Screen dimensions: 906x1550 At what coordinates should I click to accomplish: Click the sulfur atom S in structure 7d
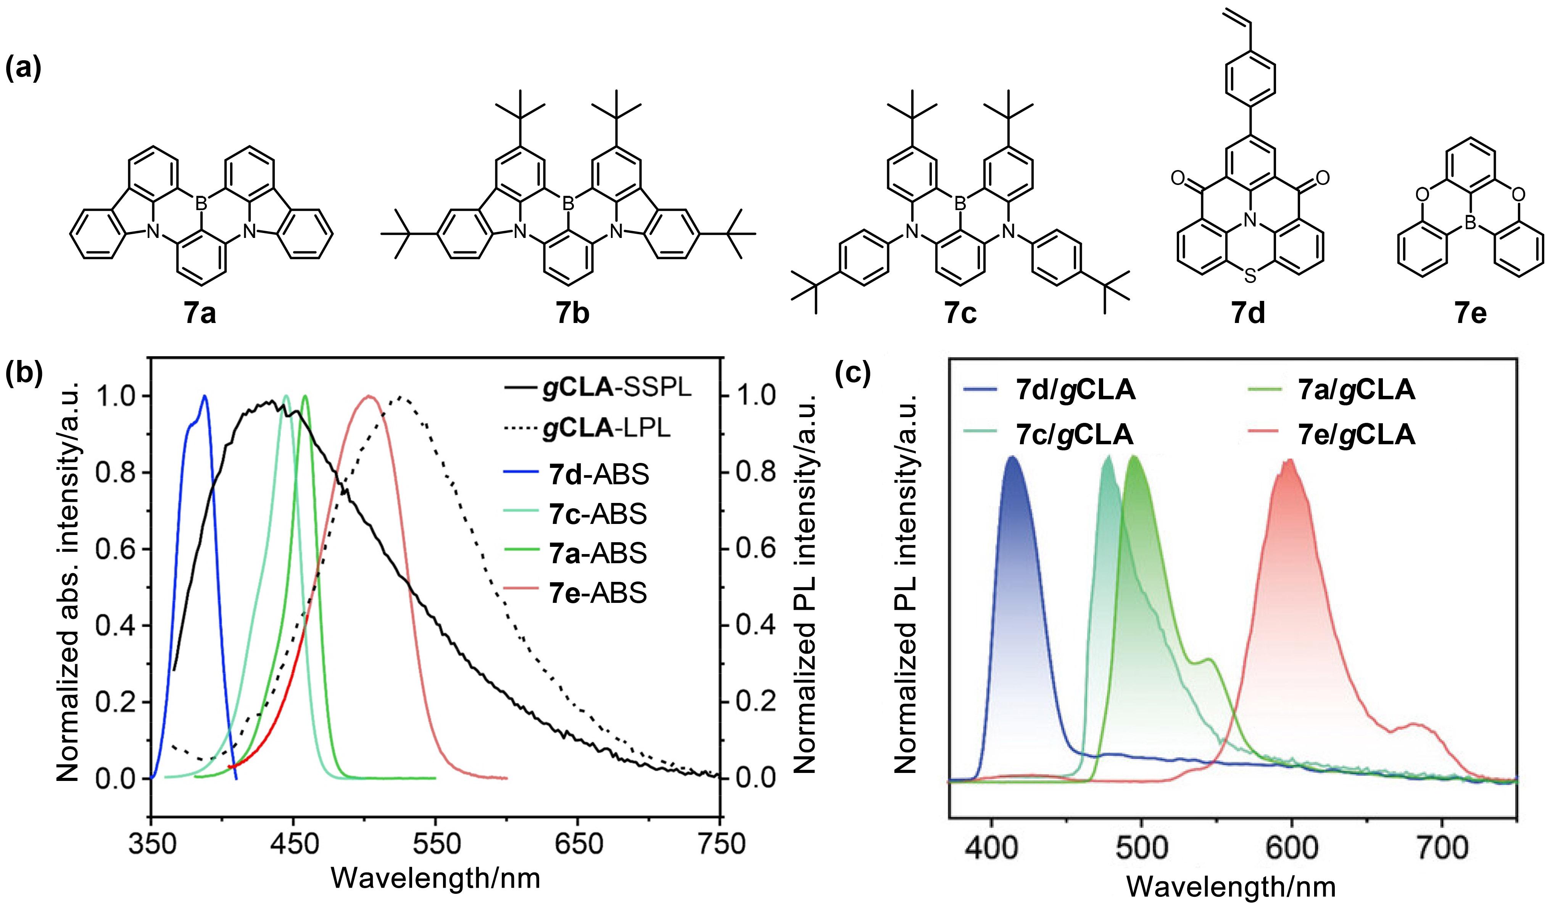point(1249,277)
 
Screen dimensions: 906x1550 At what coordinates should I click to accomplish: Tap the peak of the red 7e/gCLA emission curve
point(1290,460)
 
